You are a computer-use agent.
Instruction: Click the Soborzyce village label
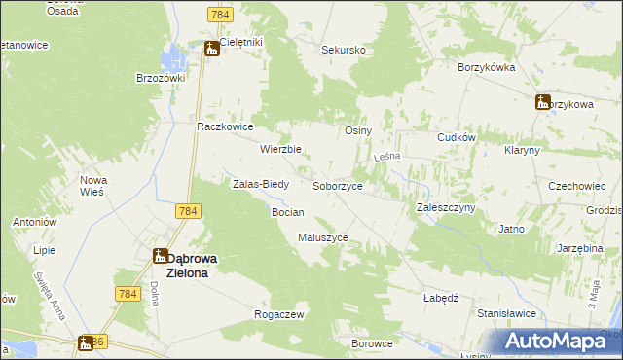pos(338,185)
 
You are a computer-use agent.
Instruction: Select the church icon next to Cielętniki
pos(211,48)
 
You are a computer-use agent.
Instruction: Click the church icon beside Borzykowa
pos(543,102)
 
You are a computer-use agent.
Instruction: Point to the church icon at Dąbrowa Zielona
pos(160,256)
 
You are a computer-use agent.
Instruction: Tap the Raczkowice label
pos(225,126)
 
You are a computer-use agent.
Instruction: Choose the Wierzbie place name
pos(280,149)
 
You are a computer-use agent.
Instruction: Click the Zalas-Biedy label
pos(259,183)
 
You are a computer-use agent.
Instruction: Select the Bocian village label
pos(288,211)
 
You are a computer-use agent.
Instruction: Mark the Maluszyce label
pos(323,236)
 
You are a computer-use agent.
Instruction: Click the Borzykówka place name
pos(486,67)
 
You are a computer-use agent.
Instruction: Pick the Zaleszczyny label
pos(445,207)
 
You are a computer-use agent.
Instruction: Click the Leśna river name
pos(388,158)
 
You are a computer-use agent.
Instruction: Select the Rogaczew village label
pos(279,314)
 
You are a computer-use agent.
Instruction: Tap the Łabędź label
pos(441,298)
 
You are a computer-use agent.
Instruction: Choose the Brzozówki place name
pos(161,77)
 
